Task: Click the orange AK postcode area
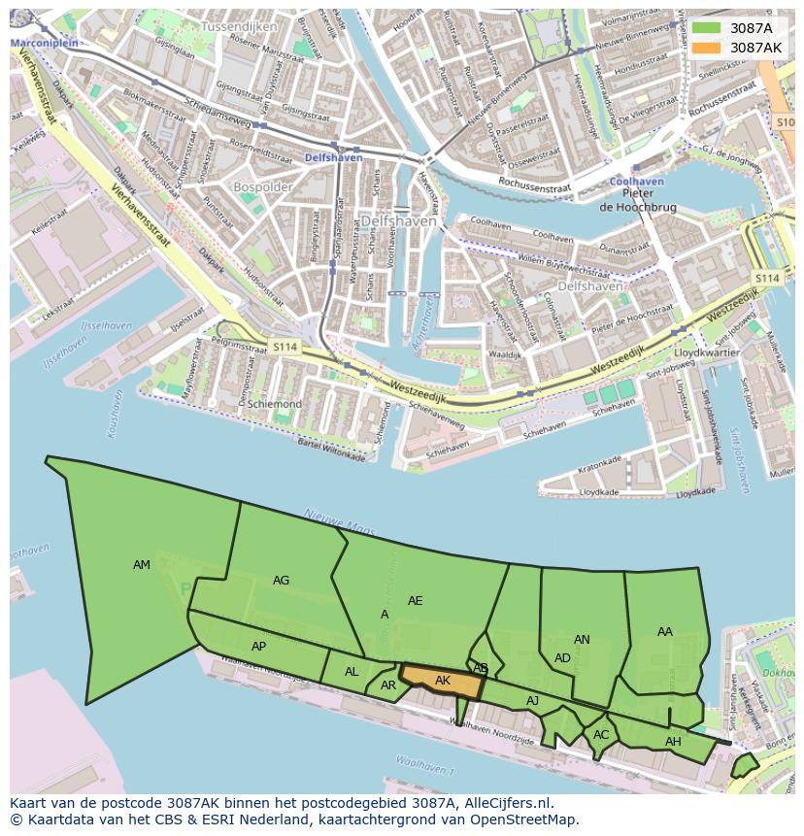point(443,682)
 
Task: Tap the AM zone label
point(142,565)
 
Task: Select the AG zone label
point(281,581)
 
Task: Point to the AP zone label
point(258,647)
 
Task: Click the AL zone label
point(352,672)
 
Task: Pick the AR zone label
point(388,686)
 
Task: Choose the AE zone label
point(415,601)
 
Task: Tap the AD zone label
point(562,658)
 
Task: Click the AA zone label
point(664,632)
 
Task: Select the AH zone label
point(673,742)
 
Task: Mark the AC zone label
point(601,735)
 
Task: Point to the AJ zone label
point(532,701)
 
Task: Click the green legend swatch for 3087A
point(707,28)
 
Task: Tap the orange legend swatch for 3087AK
point(707,48)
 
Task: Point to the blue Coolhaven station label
point(636,182)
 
